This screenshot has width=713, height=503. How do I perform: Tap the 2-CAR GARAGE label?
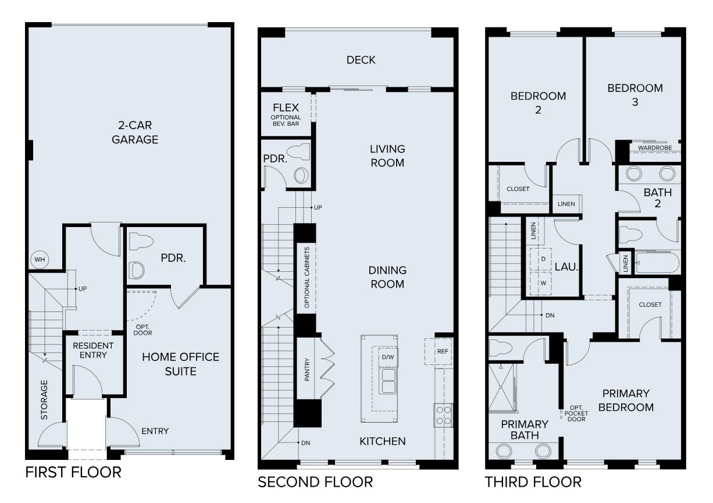click(136, 132)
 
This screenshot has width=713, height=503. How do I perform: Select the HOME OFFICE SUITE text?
click(180, 364)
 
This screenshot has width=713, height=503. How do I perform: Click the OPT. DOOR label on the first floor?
click(142, 330)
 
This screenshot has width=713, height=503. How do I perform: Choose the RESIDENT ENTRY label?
click(93, 350)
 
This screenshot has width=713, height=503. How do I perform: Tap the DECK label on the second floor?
click(361, 60)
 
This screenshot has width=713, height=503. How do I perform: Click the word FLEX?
click(286, 108)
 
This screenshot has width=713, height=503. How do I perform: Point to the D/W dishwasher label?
click(388, 357)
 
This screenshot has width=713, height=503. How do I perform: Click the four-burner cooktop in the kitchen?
click(444, 415)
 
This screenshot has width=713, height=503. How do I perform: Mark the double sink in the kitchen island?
click(388, 381)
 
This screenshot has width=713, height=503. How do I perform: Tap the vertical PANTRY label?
click(307, 369)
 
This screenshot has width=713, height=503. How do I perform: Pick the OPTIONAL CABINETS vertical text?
click(307, 278)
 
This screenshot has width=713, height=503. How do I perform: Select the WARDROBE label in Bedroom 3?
click(654, 148)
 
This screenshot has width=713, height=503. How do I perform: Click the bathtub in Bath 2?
click(657, 263)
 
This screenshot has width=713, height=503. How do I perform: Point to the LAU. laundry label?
click(565, 267)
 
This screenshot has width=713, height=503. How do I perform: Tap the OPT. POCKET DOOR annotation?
click(576, 413)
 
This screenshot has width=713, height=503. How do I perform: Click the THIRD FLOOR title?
click(533, 482)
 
